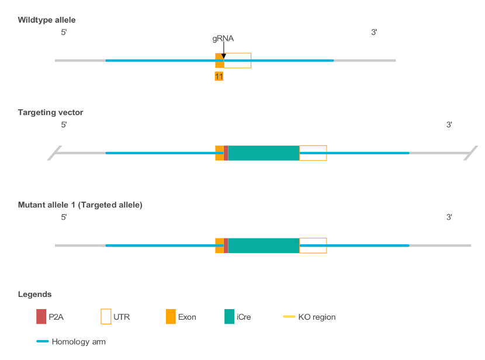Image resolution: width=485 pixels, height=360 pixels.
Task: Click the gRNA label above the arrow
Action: tap(223, 39)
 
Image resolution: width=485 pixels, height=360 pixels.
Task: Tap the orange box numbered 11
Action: tap(219, 77)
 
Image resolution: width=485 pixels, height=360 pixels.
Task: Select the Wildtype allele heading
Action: tap(47, 20)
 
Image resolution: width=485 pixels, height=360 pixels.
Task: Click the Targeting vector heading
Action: tap(51, 112)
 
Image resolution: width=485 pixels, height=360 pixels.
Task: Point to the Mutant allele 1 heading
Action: tap(80, 205)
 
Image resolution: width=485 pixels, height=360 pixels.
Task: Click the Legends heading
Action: tap(35, 294)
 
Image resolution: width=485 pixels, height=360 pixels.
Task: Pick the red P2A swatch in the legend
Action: tap(41, 316)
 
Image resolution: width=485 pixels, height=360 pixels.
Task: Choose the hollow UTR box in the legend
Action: tap(106, 316)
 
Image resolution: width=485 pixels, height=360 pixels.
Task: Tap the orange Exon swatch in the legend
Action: tap(171, 316)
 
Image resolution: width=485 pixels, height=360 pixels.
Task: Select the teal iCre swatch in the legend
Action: tap(229, 316)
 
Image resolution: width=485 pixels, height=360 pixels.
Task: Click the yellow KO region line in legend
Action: tap(289, 317)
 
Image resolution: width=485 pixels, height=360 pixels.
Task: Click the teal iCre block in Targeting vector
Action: tap(264, 153)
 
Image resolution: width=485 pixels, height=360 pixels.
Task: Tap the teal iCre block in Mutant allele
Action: tap(264, 245)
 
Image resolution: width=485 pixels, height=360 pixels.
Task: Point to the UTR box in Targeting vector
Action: tap(313, 153)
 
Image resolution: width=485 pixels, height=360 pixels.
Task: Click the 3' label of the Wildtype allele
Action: tap(374, 32)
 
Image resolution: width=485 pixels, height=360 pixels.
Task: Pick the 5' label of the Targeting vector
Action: tap(64, 124)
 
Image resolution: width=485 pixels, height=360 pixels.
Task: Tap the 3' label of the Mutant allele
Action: tap(449, 217)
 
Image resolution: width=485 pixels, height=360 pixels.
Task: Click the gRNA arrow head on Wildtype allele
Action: tap(224, 56)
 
